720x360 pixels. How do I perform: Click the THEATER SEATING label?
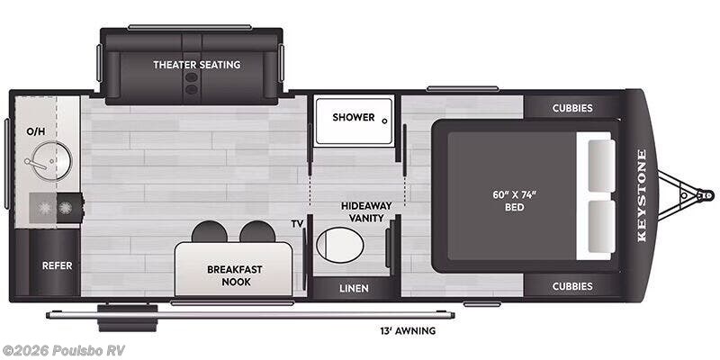tap(196, 65)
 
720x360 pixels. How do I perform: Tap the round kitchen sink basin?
tap(53, 161)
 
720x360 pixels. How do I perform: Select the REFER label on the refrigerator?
tap(58, 265)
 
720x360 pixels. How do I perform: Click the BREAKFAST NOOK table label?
tap(235, 275)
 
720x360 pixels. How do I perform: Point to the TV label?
tap(298, 224)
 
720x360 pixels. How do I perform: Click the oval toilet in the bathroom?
tap(340, 245)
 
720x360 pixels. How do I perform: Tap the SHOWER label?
tap(354, 117)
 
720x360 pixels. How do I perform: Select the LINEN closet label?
tap(354, 288)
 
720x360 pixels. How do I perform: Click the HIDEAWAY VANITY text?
tap(366, 211)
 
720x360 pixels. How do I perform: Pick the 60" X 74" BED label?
tap(514, 201)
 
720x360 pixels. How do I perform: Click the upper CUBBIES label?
tap(572, 108)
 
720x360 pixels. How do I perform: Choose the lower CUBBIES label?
tap(572, 286)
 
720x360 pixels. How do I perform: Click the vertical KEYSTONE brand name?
tap(642, 195)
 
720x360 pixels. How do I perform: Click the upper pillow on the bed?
tap(601, 166)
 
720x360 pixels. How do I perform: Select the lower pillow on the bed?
tap(601, 227)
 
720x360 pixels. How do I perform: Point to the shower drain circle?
tap(385, 121)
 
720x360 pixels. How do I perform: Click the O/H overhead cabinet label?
tap(36, 131)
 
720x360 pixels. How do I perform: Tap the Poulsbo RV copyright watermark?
tap(63, 350)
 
